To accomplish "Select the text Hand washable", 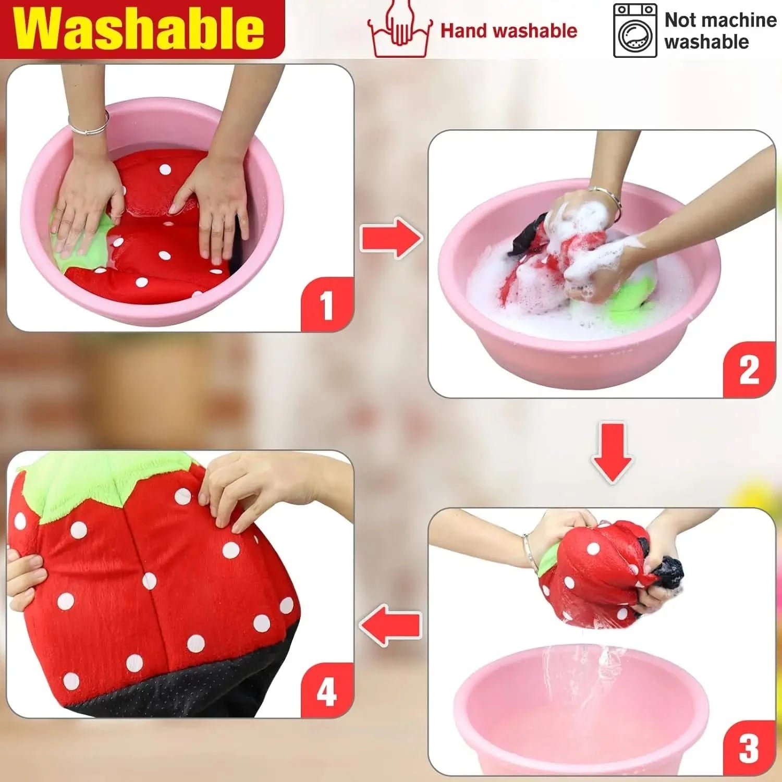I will (x=509, y=31).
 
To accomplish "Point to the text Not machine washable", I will (x=720, y=31).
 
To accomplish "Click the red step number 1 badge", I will (x=327, y=305).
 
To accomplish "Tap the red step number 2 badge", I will (x=749, y=370).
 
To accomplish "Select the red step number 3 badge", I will (x=749, y=748).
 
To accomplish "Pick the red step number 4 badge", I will (x=327, y=692).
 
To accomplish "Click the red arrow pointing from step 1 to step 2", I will (x=391, y=238).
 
